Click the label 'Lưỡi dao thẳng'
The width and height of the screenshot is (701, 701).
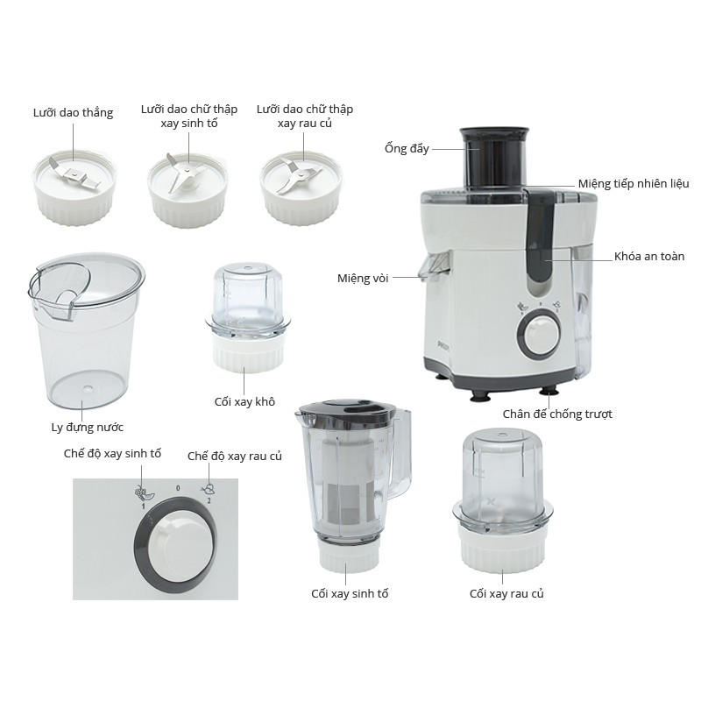[73, 113]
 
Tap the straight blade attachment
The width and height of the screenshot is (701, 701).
[74, 188]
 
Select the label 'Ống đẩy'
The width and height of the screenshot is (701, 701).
[407, 148]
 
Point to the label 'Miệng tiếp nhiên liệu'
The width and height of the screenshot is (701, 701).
[634, 184]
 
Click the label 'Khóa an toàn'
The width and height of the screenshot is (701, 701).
[649, 257]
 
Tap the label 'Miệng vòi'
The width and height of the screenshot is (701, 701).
[363, 278]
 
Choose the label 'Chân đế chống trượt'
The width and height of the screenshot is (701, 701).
[557, 414]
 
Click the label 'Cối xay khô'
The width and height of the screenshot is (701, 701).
[244, 401]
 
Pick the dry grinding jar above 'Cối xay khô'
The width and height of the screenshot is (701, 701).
[247, 317]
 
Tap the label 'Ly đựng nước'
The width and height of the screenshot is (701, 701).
[87, 428]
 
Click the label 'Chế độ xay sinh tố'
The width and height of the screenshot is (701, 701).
[112, 453]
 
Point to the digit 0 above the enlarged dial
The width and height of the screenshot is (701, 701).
[178, 488]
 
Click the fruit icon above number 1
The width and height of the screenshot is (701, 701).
[144, 492]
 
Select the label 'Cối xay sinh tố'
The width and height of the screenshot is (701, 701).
[350, 594]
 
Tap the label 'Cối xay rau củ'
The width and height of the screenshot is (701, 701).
[506, 594]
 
